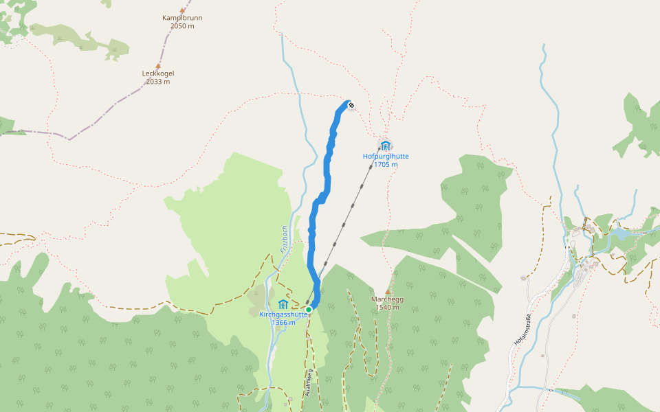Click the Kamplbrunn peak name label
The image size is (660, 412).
tap(182, 18)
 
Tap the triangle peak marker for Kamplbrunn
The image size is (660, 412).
tap(182, 10)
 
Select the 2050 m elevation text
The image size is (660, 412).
tap(182, 26)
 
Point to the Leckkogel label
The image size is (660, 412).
tap(158, 73)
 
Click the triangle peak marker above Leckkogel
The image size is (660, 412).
tap(158, 66)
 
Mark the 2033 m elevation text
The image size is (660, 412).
tap(158, 82)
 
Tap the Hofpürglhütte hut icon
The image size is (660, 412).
tap(386, 145)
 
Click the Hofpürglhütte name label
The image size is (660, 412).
tap(386, 156)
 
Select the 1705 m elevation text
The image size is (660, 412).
tap(386, 164)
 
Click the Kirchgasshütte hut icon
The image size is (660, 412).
tap(283, 304)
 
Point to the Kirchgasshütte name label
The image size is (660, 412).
tap(283, 314)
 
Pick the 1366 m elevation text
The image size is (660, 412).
tap(283, 323)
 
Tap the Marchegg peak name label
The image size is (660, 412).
tap(387, 299)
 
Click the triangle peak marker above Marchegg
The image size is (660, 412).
tap(388, 291)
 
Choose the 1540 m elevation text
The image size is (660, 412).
tap(387, 307)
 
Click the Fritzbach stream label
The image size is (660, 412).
tap(284, 240)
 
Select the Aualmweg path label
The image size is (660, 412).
tap(309, 383)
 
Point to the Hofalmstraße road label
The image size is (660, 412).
tap(522, 330)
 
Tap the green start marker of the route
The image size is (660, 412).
tap(309, 310)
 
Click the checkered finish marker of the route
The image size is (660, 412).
tap(351, 105)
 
